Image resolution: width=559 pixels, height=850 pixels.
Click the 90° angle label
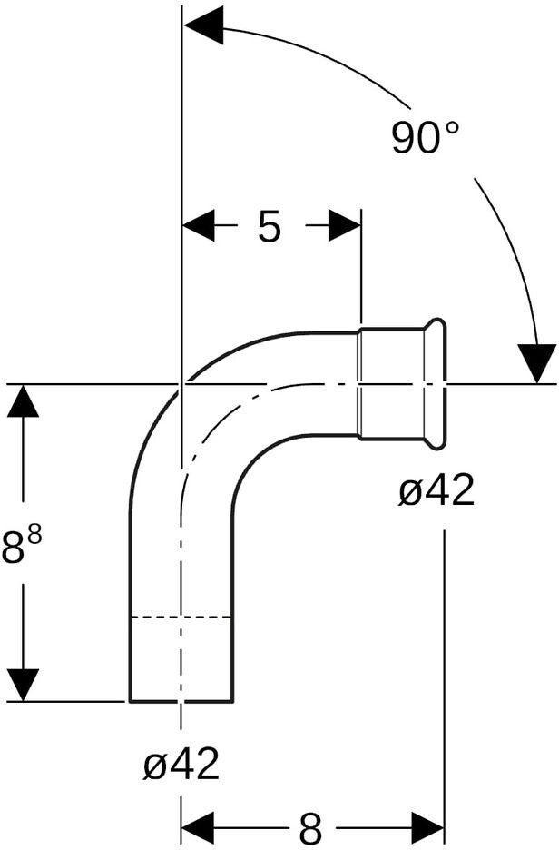[x=426, y=138]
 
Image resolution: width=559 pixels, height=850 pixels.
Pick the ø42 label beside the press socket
[x=436, y=489]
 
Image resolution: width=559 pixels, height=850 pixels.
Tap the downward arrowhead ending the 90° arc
[x=536, y=363]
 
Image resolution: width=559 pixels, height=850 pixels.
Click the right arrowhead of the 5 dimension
[x=345, y=224]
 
